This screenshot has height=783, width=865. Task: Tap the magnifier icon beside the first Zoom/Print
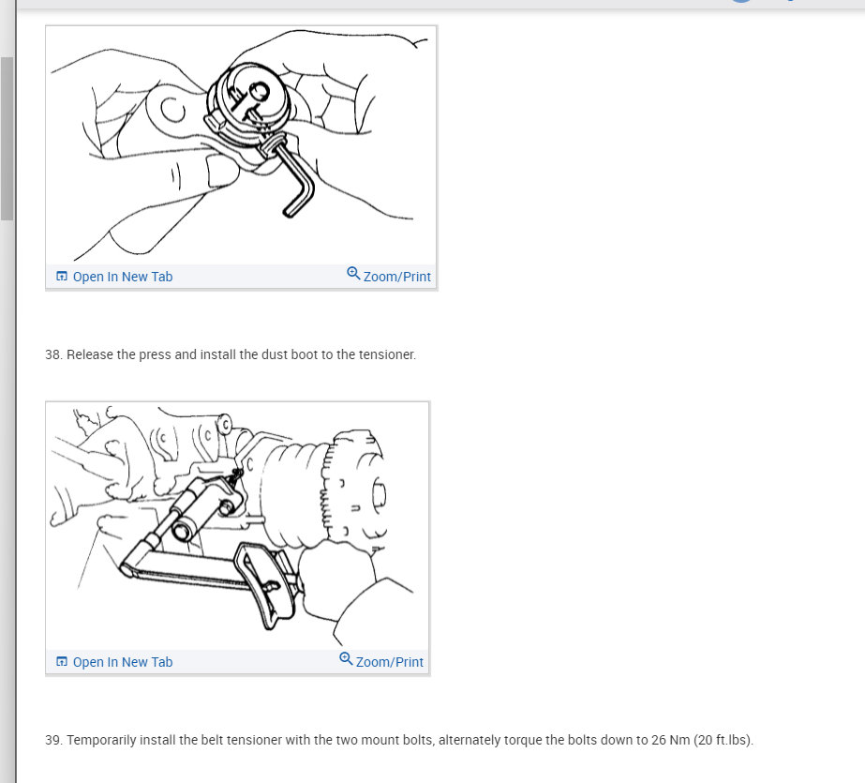tap(353, 273)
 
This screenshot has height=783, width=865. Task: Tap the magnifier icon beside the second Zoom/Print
tap(346, 658)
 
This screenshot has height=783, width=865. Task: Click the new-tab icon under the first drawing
tap(62, 276)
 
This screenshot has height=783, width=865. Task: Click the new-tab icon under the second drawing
tap(62, 661)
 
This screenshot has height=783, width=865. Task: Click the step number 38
tap(53, 354)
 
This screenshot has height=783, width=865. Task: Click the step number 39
tap(53, 740)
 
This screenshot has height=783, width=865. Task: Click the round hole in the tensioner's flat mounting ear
tap(173, 110)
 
